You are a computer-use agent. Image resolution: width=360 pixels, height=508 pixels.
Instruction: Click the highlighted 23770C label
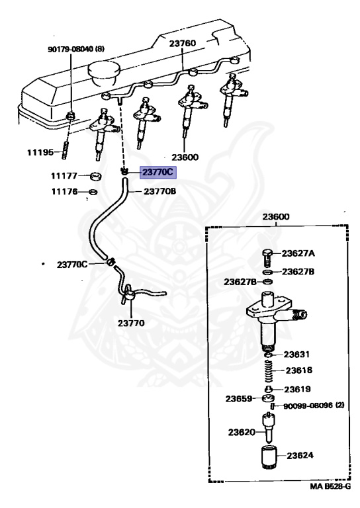click(157, 173)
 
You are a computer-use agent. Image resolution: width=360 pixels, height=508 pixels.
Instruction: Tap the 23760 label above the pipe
click(183, 44)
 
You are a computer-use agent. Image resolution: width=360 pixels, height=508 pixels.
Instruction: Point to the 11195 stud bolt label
click(40, 152)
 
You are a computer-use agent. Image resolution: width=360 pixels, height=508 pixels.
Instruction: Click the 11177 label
click(64, 176)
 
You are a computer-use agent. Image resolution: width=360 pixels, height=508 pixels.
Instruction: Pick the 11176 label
click(64, 192)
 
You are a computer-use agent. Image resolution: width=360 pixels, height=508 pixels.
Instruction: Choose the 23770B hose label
click(159, 191)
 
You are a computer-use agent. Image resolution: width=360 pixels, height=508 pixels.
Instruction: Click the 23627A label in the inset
click(298, 253)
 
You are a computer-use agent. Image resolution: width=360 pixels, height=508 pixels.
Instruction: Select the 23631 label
click(296, 355)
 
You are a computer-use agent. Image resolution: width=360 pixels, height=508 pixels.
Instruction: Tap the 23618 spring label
click(298, 370)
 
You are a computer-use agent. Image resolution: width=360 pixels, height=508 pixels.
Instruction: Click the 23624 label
click(300, 456)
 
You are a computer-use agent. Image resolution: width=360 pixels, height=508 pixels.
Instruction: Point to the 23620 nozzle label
click(242, 432)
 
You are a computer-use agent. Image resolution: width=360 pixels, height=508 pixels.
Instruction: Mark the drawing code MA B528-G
click(330, 486)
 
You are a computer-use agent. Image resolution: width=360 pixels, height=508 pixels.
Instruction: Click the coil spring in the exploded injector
click(269, 371)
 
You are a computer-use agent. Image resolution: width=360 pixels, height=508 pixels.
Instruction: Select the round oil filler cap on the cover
click(104, 73)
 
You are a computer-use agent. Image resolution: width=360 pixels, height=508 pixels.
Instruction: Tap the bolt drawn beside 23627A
click(267, 257)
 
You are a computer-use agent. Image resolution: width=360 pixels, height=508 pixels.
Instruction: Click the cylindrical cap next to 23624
click(269, 458)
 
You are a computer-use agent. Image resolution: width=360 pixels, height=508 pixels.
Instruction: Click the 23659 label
click(239, 399)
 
